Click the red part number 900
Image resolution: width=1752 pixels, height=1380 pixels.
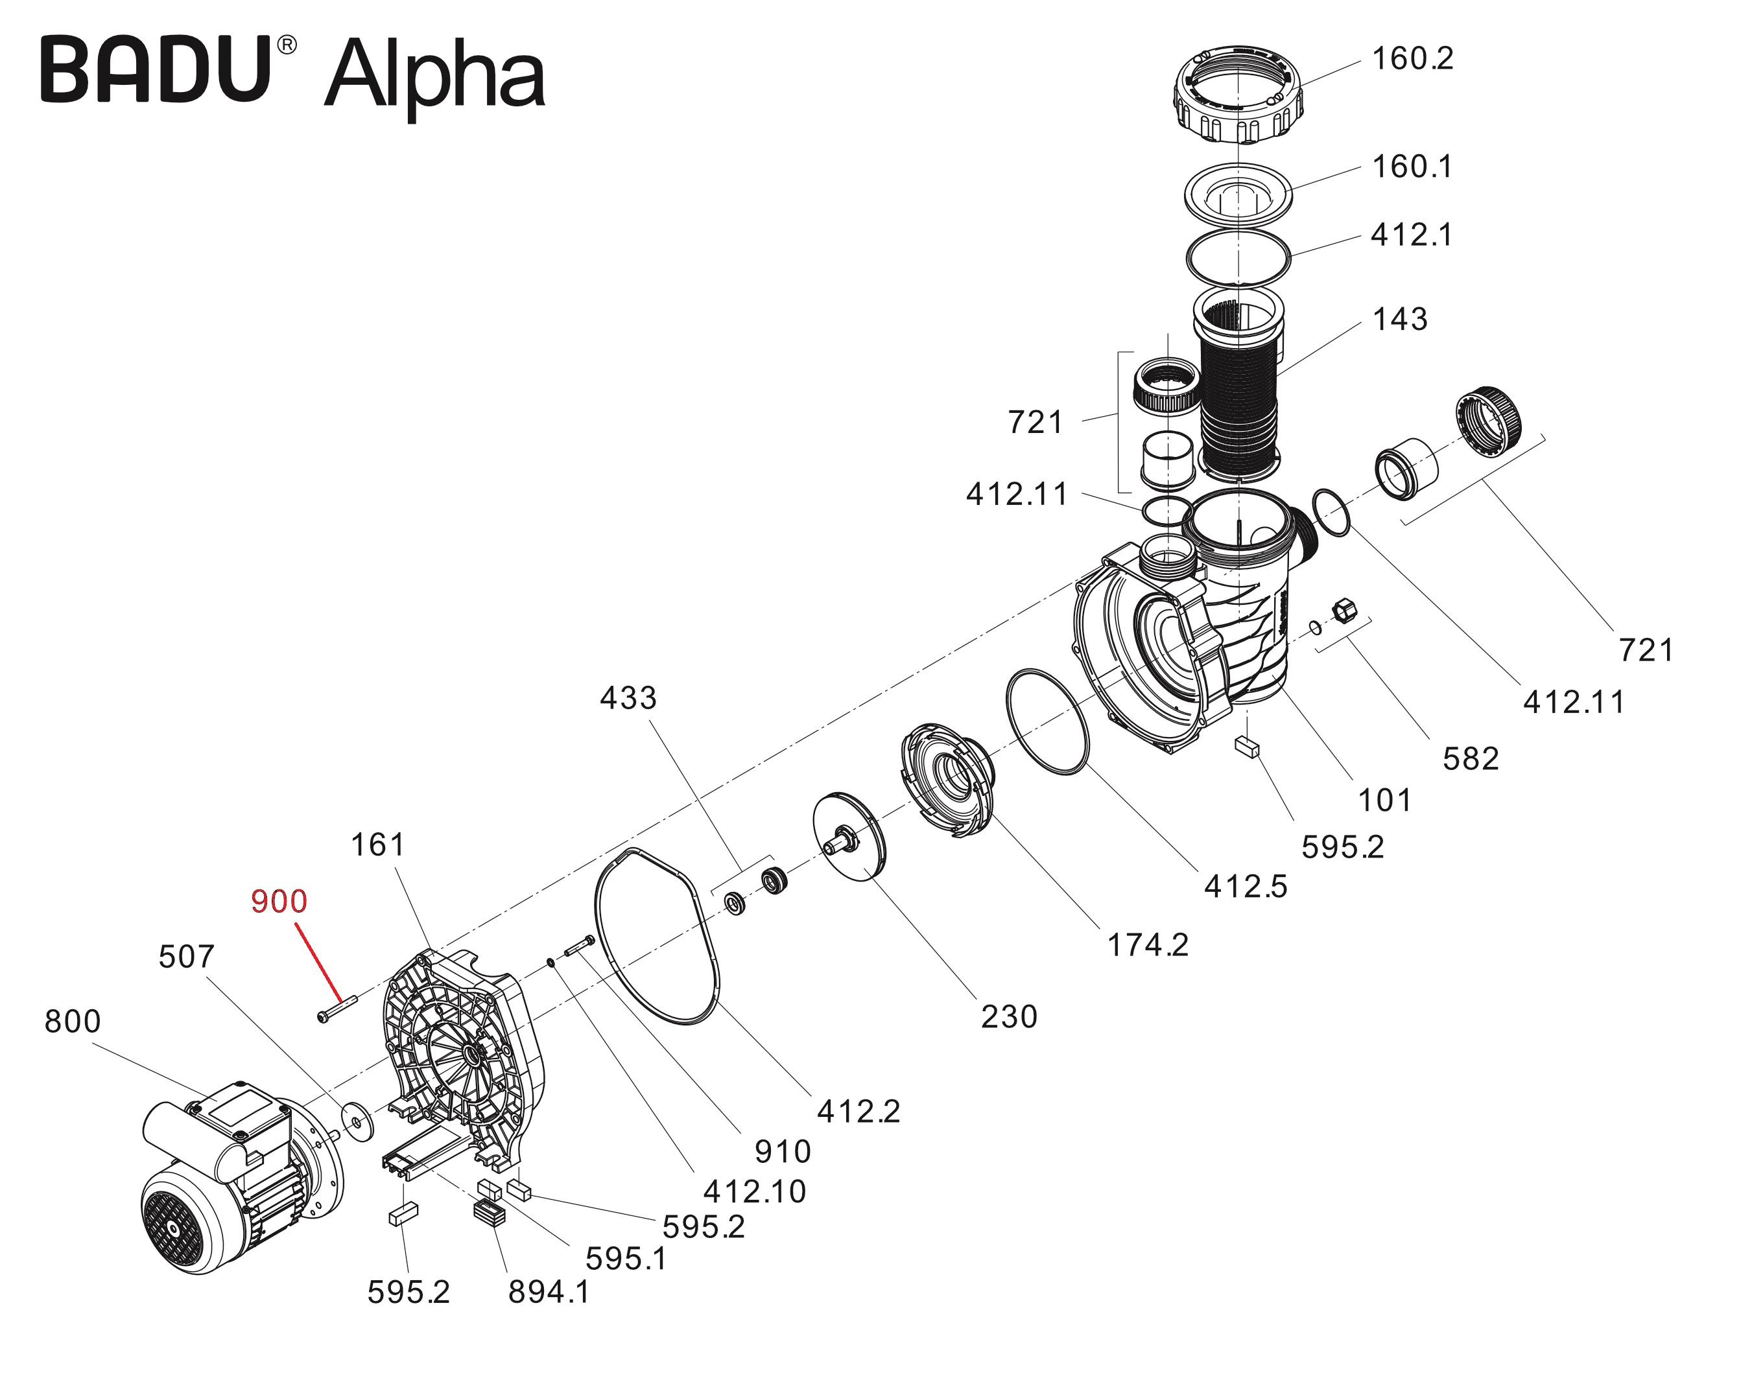click(279, 901)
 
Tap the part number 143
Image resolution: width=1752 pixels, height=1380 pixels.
click(1400, 319)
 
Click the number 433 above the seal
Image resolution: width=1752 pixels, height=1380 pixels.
click(628, 697)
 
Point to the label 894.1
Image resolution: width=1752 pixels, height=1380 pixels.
click(549, 1291)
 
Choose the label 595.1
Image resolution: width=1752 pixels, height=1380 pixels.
click(626, 1258)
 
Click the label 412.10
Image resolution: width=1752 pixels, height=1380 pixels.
click(754, 1191)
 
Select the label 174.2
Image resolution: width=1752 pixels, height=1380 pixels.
click(1147, 944)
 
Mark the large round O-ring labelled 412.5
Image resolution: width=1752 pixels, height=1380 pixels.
click(1047, 721)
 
